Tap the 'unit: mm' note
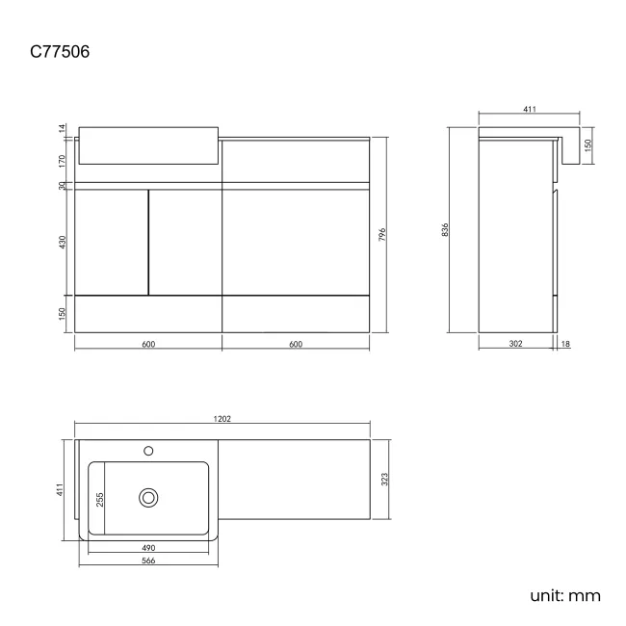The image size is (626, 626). pos(565,595)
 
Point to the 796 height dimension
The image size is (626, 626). pos(382,235)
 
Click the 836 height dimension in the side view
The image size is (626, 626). pos(446,230)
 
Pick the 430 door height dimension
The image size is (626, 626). pos(62,243)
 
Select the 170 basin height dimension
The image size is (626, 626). pos(62,160)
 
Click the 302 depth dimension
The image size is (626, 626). pos(517,344)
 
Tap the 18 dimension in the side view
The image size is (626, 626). pos(565,344)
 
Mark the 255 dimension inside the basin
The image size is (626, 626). pos(99,499)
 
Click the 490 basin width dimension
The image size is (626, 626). pos(148,547)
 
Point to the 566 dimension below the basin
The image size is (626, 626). pos(148,561)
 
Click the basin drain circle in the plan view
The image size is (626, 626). pos(148,497)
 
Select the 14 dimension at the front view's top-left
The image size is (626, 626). pos(62,128)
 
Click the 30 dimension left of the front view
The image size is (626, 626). pos(62,186)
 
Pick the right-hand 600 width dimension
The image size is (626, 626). pos(296,344)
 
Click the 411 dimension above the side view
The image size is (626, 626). pos(529,110)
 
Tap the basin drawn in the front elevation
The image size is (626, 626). pos(149,144)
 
